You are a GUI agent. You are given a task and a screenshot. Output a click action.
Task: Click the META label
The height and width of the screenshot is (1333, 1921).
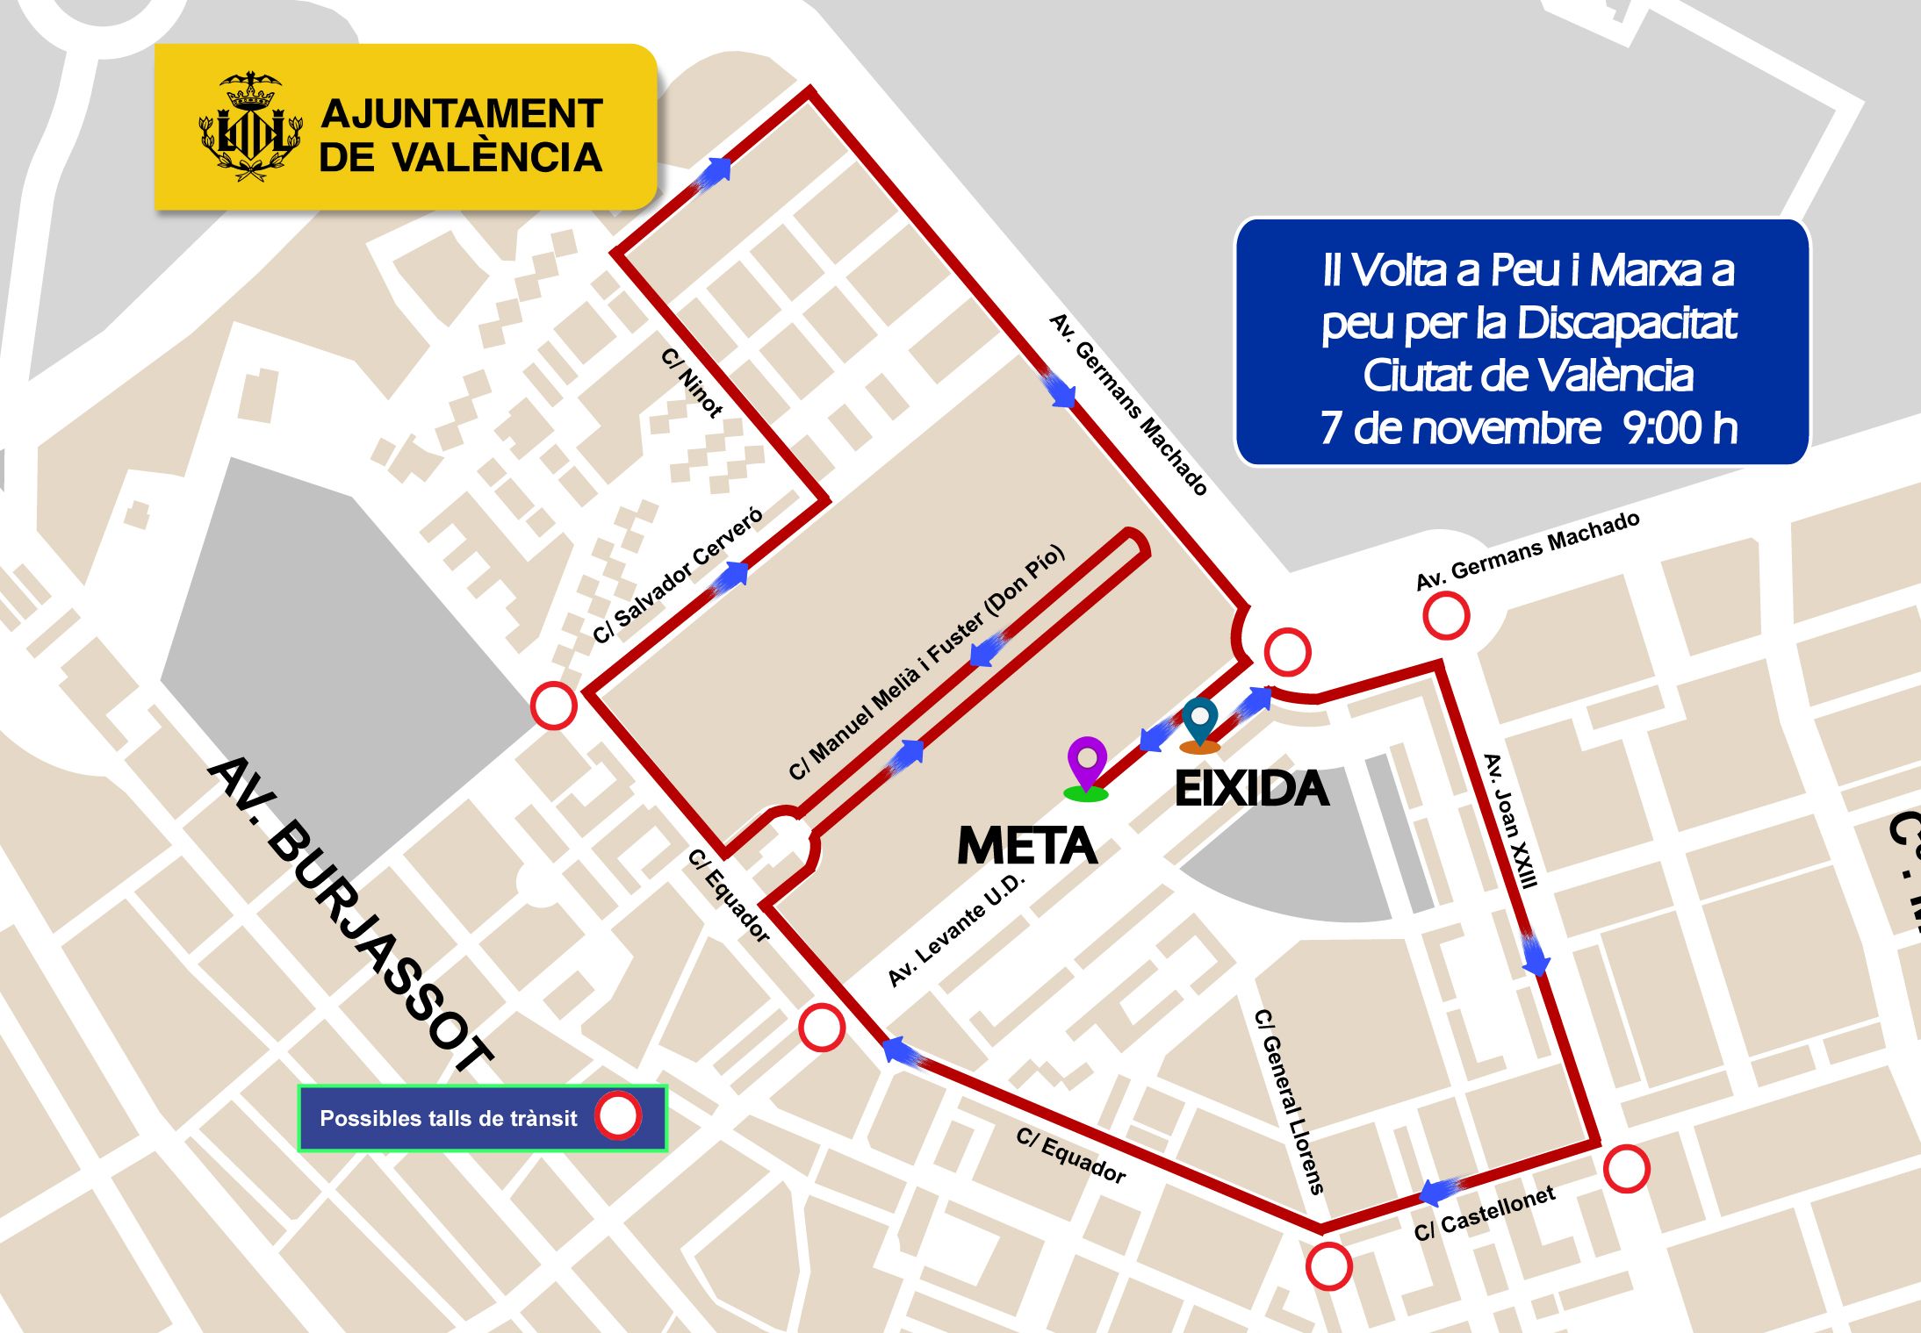click(x=1026, y=846)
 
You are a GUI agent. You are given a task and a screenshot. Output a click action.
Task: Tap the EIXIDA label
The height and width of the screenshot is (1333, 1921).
click(x=1251, y=788)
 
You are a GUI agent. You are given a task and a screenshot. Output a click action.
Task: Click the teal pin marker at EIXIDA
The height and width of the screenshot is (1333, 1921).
click(x=1200, y=721)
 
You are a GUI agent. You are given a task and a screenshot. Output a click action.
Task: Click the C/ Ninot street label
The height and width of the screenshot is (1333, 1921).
click(x=692, y=383)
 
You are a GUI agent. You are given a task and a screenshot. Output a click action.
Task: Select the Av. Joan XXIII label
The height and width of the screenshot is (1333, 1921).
click(x=1510, y=821)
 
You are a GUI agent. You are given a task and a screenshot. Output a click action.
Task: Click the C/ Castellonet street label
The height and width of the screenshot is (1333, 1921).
click(x=1485, y=1213)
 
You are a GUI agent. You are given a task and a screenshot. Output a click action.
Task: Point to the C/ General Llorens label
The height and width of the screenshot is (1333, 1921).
click(x=1288, y=1101)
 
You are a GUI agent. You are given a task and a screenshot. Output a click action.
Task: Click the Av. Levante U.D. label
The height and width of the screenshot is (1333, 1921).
click(x=956, y=930)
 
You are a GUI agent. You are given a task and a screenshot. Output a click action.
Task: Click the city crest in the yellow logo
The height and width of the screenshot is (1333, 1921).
click(x=250, y=127)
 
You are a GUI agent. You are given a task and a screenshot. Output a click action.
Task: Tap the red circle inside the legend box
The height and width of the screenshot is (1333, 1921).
click(x=618, y=1116)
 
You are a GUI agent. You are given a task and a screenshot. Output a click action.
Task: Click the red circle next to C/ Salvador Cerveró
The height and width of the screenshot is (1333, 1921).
click(x=554, y=706)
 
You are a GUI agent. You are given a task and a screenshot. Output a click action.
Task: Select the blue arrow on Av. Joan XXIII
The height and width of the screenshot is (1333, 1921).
click(x=1534, y=955)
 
